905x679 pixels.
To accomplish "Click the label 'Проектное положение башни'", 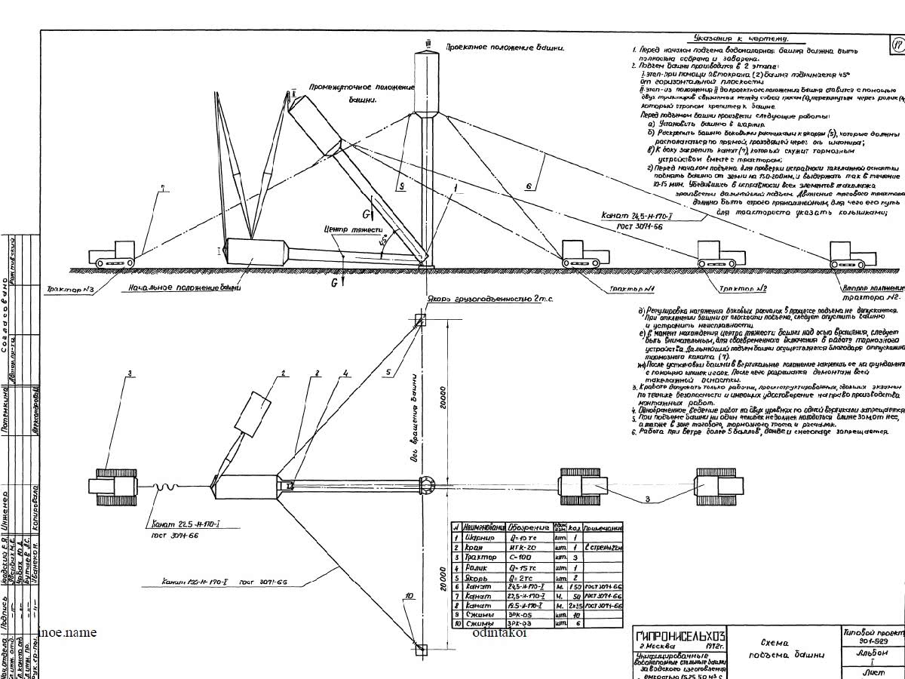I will [x=505, y=47].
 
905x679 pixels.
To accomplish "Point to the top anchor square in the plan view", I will [x=420, y=320].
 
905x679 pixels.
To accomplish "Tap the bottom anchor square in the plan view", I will [x=420, y=650].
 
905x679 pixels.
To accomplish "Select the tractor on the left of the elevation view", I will [x=113, y=253].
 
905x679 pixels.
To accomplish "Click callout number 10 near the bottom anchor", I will [x=409, y=596].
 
